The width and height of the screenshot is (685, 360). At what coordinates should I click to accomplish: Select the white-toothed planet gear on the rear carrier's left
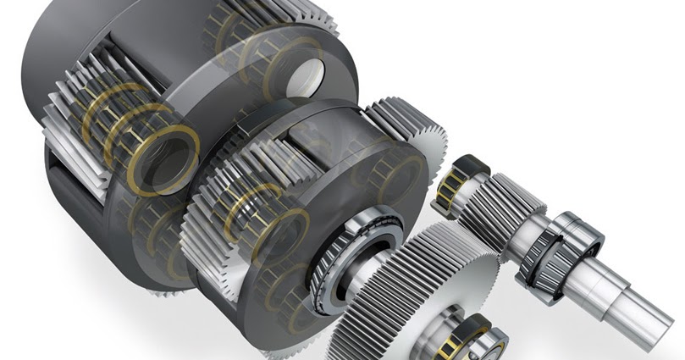pos(80,119)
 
